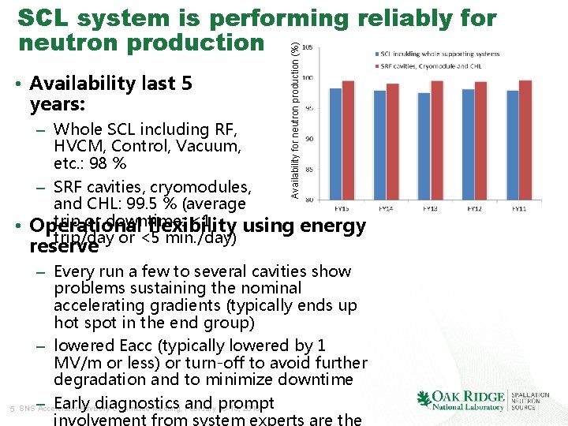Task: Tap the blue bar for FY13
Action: point(424,146)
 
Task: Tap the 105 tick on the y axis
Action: point(305,47)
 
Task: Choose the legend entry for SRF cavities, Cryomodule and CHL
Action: point(435,64)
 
